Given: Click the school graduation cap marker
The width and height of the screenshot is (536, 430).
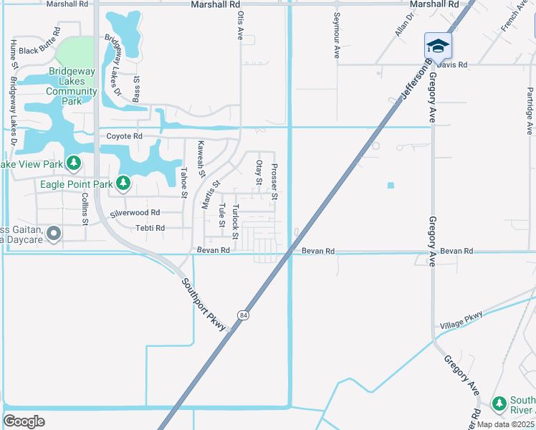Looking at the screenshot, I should click(x=438, y=46).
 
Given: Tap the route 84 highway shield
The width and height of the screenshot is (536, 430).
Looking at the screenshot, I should click(x=244, y=315).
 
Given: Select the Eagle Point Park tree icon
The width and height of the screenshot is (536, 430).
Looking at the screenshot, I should click(x=124, y=184).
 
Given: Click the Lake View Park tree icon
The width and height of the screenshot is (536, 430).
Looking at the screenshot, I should click(x=73, y=164).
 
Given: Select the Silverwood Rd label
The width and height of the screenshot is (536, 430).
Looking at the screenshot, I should click(x=135, y=213).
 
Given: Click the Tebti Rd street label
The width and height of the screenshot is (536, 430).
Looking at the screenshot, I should click(x=150, y=228).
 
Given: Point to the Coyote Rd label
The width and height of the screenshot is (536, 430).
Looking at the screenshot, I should click(x=125, y=136).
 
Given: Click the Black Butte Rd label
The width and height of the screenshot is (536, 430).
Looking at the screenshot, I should click(x=38, y=51).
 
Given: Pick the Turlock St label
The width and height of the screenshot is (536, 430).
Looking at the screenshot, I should click(x=234, y=217).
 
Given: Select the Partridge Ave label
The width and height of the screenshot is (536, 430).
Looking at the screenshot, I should click(x=530, y=110).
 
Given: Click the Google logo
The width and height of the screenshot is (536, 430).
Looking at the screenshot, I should click(x=24, y=421).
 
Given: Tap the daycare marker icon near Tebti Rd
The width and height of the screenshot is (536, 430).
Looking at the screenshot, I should click(x=52, y=234).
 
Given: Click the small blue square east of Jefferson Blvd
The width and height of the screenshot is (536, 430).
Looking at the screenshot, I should click(x=391, y=185).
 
